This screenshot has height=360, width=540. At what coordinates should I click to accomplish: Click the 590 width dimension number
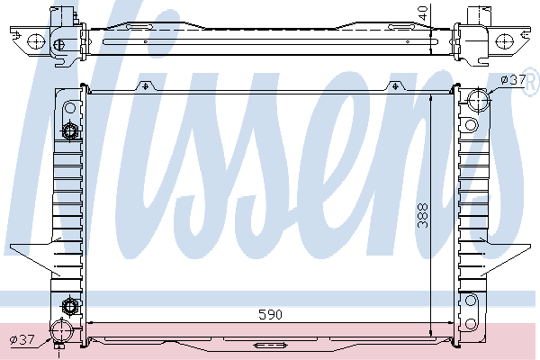pyautogui.click(x=271, y=315)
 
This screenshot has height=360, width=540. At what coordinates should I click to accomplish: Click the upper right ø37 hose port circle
pyautogui.click(x=478, y=98)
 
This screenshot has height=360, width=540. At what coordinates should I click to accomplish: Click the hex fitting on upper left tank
pyautogui.click(x=69, y=133)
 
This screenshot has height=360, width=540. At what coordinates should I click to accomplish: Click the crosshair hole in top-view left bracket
pyautogui.click(x=36, y=40)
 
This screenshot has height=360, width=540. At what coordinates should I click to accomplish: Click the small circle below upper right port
pyautogui.click(x=470, y=123)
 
